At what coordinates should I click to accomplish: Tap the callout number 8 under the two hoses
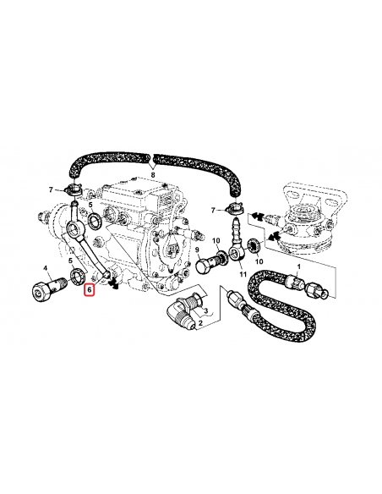(152, 173)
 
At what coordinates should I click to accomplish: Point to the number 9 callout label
(198, 251)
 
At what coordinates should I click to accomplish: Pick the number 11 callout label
(242, 274)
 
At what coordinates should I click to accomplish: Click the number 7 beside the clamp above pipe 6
(52, 189)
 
